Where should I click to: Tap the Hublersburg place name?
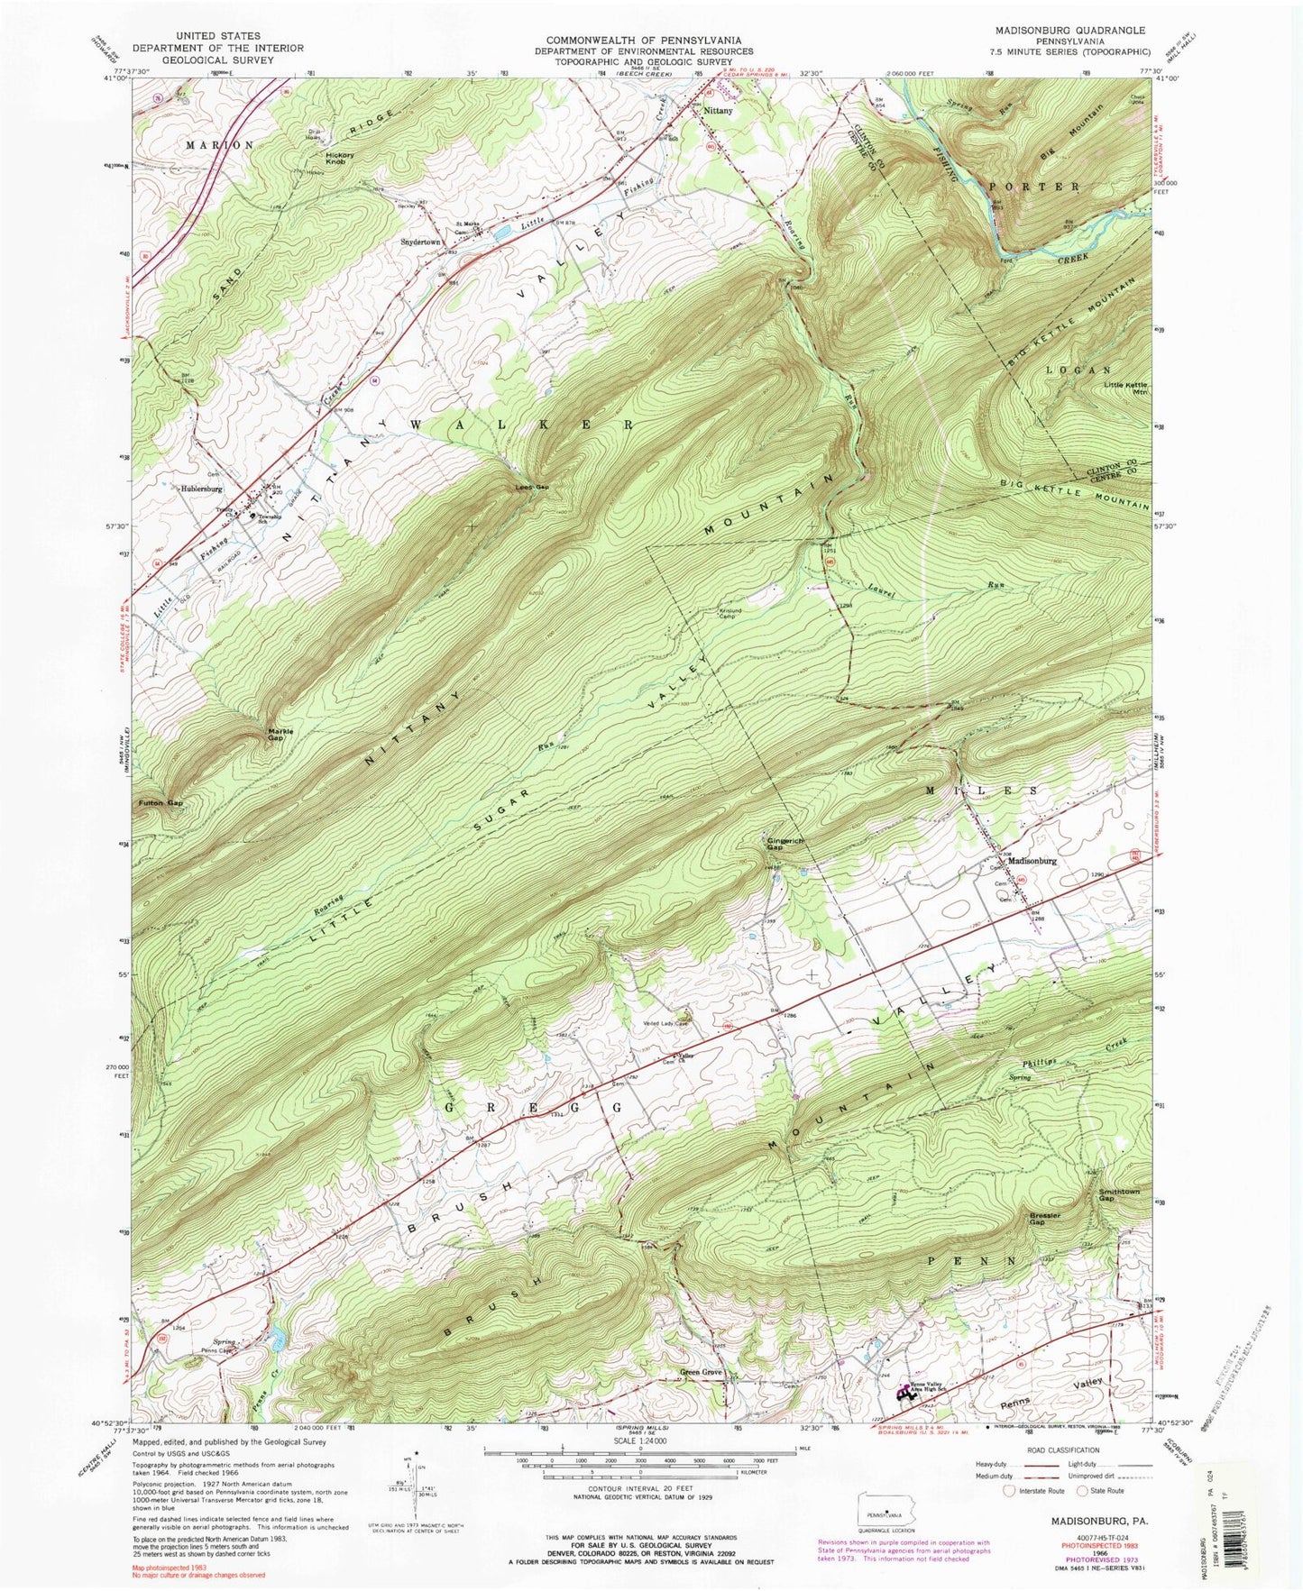click(201, 489)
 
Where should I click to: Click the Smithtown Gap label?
click(1118, 1194)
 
